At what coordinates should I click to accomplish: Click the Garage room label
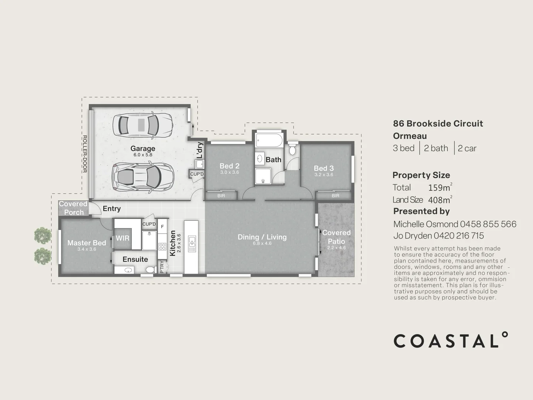143,149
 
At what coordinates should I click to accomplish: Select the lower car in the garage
142,177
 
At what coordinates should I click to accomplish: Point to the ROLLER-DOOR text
84,154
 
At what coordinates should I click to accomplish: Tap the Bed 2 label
229,166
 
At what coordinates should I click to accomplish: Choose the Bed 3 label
324,168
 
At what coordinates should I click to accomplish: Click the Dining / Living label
262,237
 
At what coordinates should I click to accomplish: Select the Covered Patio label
336,237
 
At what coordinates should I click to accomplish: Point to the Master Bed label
87,243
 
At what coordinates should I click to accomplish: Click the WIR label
123,238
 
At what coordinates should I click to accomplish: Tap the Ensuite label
135,259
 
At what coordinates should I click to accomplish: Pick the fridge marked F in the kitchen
162,226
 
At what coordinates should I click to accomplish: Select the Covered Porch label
73,208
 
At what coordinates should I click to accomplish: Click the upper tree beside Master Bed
42,235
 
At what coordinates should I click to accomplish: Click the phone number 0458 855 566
488,224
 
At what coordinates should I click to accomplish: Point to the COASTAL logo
450,340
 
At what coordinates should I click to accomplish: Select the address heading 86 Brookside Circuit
438,124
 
